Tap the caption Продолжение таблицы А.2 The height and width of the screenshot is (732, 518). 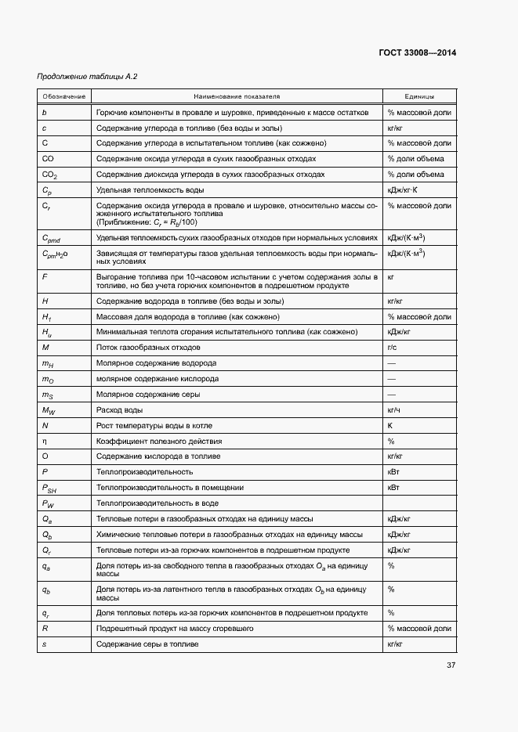(76, 77)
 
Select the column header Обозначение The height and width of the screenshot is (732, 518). (64, 96)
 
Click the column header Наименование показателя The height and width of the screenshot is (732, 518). (237, 96)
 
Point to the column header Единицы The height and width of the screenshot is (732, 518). (419, 96)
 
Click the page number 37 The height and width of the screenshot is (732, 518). (451, 665)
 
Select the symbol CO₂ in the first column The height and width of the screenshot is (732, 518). (49, 175)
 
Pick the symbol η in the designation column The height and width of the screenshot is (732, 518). (45, 441)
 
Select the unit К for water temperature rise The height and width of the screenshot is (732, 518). (389, 425)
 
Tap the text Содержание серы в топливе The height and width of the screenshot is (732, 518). (147, 644)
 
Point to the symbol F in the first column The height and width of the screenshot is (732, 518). (45, 277)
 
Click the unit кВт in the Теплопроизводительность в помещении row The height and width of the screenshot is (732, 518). (394, 487)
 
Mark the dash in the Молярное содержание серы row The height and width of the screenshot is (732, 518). (391, 394)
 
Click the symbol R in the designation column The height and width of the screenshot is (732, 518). (45, 628)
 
